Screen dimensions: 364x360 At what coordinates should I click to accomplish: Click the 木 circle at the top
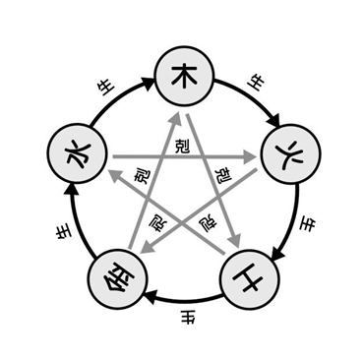[x=185, y=76]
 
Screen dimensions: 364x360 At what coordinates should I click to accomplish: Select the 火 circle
[x=290, y=153]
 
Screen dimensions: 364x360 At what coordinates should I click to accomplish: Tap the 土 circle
[x=250, y=279]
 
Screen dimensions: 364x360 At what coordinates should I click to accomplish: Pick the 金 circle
[x=118, y=279]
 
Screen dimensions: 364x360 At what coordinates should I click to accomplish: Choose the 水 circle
[x=78, y=153]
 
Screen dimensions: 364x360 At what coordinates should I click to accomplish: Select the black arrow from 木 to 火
[x=253, y=95]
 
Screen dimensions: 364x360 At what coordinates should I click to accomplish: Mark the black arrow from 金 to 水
[x=75, y=223]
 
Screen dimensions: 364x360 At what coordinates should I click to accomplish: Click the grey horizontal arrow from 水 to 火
[x=184, y=157]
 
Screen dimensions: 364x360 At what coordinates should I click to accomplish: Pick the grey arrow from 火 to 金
[x=199, y=210]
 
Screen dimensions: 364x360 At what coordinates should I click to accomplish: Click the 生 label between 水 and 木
[x=106, y=88]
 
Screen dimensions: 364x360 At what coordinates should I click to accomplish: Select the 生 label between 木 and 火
[x=256, y=83]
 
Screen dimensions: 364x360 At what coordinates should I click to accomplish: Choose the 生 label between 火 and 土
[x=308, y=225]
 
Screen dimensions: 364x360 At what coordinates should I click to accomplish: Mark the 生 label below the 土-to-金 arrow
[x=188, y=318]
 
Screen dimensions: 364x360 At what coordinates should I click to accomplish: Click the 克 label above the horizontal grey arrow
[x=182, y=147]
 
